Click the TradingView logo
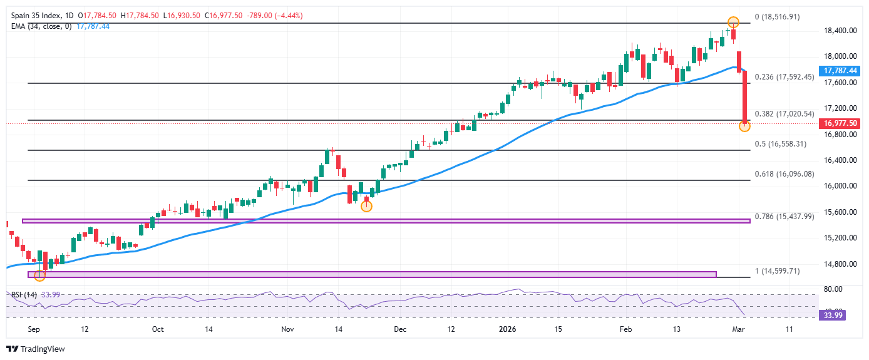[x=36, y=349]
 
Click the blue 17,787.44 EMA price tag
[x=840, y=71]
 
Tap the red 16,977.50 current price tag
[x=840, y=124]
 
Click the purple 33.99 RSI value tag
[x=835, y=316]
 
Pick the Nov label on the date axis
[x=287, y=329]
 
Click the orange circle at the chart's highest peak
[x=733, y=23]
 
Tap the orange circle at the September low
[x=40, y=275]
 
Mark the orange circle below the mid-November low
[x=367, y=206]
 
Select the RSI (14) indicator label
[x=23, y=295]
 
